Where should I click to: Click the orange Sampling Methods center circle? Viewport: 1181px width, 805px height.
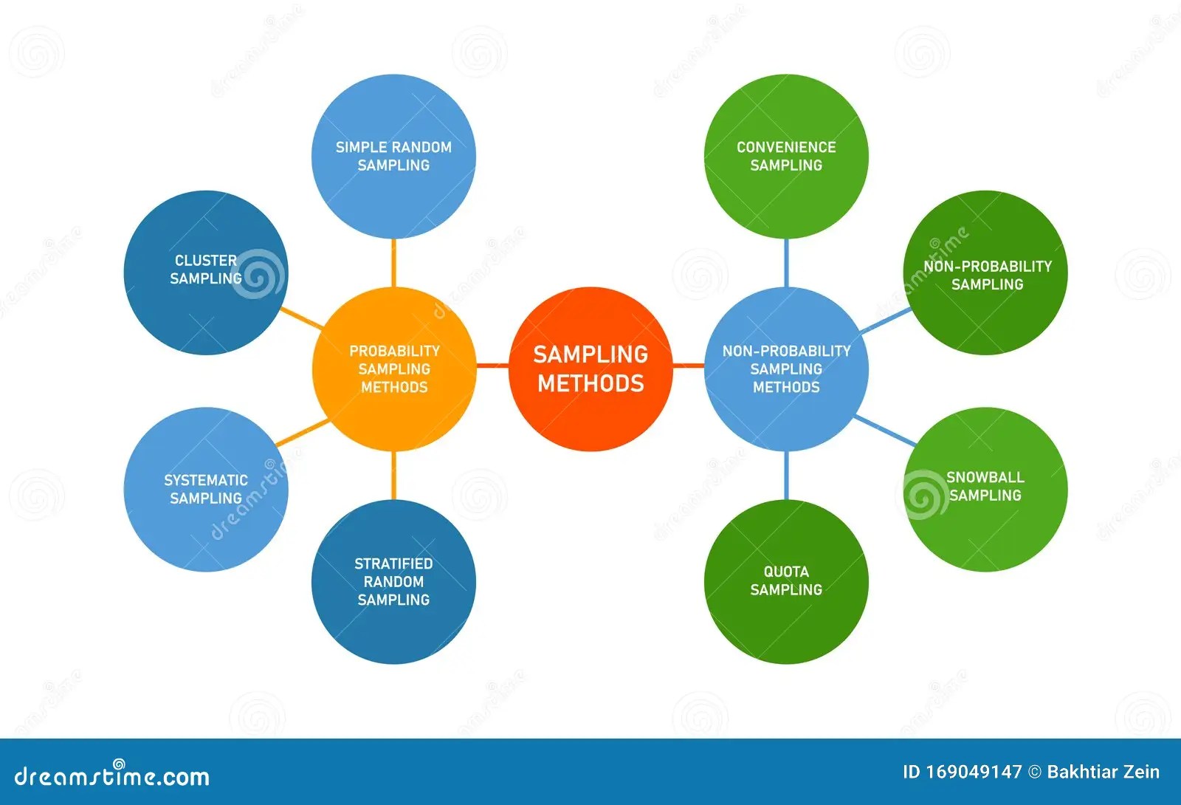tap(590, 369)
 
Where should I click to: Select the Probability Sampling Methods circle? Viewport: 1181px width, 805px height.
tap(393, 369)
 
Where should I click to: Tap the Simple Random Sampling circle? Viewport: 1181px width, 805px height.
tap(393, 156)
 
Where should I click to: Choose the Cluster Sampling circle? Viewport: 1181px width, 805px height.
tap(205, 273)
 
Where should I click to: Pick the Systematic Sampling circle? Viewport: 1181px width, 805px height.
tap(205, 489)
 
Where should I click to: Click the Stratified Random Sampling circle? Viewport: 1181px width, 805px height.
tap(393, 581)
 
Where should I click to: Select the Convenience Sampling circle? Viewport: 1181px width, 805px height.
tap(786, 156)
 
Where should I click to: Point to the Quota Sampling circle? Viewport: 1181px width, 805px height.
tap(786, 581)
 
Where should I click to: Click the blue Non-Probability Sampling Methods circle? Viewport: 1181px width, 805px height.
tap(786, 369)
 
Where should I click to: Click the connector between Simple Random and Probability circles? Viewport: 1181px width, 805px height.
tap(393, 262)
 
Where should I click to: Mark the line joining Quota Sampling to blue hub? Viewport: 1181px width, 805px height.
tap(786, 475)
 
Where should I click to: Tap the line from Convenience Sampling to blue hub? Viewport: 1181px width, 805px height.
tap(786, 262)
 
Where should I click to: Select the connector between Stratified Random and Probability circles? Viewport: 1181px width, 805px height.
tap(393, 475)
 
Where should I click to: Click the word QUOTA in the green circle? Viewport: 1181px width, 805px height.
tap(786, 572)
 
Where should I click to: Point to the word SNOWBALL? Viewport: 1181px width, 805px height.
tap(985, 477)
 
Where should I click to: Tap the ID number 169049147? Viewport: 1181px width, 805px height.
tap(974, 773)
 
